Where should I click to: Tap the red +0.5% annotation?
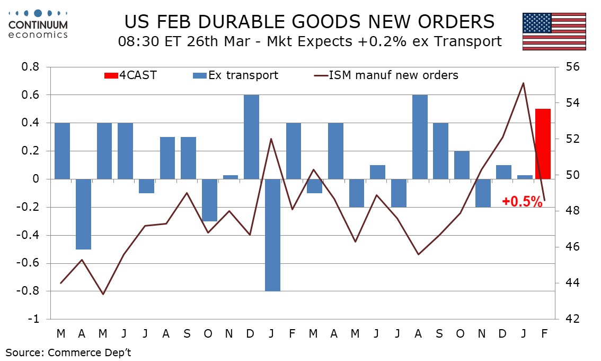pyautogui.click(x=522, y=202)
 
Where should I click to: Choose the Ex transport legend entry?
pyautogui.click(x=236, y=75)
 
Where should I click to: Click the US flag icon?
pyautogui.click(x=554, y=31)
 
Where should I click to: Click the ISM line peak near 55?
pyautogui.click(x=523, y=83)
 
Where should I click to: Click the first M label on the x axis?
pyautogui.click(x=61, y=333)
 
